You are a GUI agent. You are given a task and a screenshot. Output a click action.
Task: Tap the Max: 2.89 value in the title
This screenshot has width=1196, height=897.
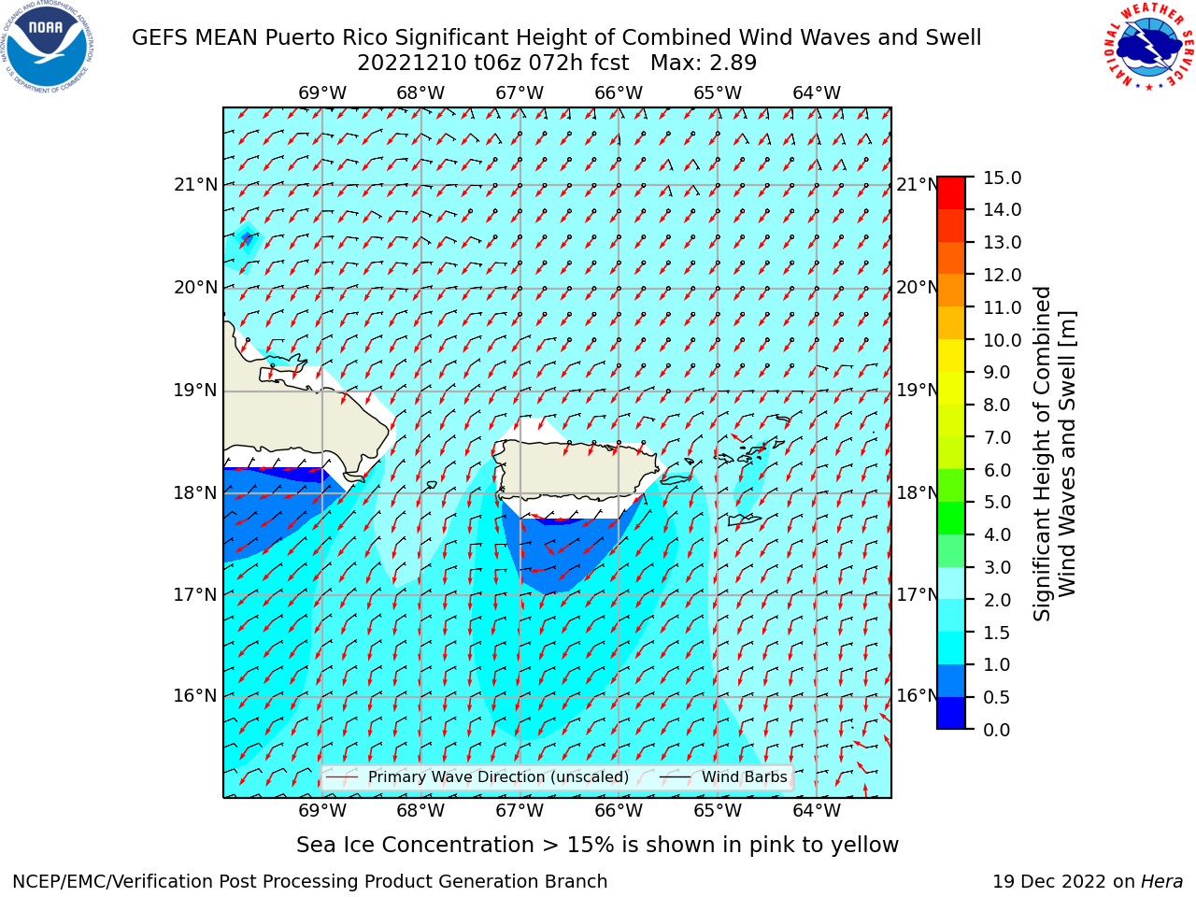click(x=703, y=64)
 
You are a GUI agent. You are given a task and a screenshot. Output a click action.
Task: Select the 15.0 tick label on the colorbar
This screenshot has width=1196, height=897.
click(x=1002, y=178)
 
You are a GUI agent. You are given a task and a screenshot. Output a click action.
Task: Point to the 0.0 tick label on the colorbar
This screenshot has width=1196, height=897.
click(x=997, y=730)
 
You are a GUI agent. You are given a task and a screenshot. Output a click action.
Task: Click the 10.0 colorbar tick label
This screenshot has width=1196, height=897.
click(x=1002, y=340)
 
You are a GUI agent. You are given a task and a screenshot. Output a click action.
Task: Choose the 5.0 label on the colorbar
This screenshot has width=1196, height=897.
click(x=997, y=502)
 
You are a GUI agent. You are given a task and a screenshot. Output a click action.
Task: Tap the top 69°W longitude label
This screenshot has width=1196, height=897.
click(x=322, y=93)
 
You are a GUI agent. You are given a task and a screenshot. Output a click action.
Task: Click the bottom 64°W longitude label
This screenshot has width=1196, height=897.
click(x=817, y=811)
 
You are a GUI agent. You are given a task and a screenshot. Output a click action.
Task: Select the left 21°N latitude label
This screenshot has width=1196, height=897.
click(x=195, y=185)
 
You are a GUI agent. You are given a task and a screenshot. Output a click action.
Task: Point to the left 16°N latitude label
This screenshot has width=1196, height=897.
click(x=195, y=696)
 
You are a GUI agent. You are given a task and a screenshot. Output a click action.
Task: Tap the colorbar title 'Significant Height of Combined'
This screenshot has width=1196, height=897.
click(x=1042, y=454)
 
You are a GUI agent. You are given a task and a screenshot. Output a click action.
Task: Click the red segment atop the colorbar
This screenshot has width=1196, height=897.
click(x=951, y=193)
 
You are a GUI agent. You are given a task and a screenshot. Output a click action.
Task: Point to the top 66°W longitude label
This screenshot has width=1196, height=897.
click(x=619, y=93)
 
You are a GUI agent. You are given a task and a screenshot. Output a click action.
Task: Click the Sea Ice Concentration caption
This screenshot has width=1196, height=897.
click(x=597, y=846)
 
